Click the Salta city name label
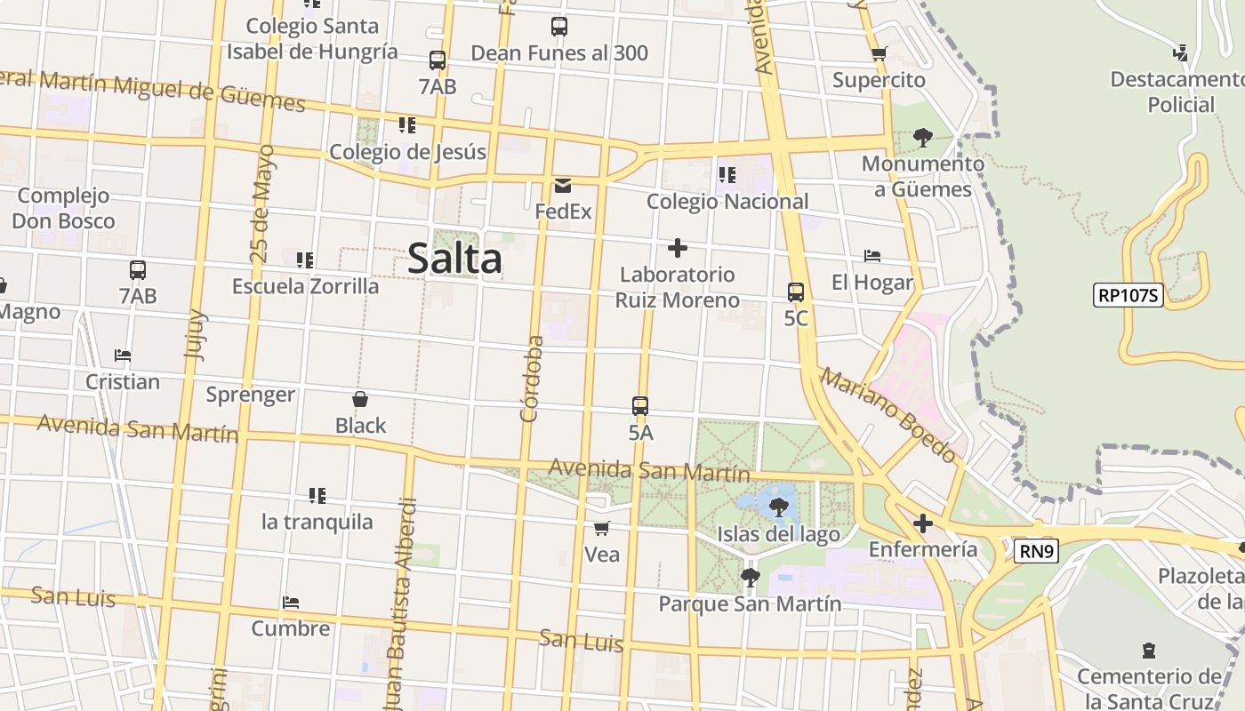[x=454, y=259]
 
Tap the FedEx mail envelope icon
[x=563, y=186]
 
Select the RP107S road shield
[x=1129, y=295]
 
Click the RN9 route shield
[x=1036, y=552]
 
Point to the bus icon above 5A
[x=640, y=407]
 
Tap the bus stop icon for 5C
[x=796, y=292]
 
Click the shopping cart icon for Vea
[x=602, y=529]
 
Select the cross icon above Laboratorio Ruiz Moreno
[x=678, y=248]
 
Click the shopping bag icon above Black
[x=360, y=399]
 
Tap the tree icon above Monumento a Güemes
[x=923, y=138]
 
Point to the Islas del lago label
[x=778, y=534]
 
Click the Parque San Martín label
[x=750, y=604]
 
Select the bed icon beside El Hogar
[x=872, y=257]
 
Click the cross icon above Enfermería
[x=923, y=523]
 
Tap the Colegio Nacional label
[x=727, y=202]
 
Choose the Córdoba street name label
[x=531, y=378]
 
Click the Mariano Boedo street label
[x=889, y=414]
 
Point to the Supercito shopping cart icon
[x=880, y=54]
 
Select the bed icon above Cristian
[x=123, y=356]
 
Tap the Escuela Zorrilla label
[x=305, y=286]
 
